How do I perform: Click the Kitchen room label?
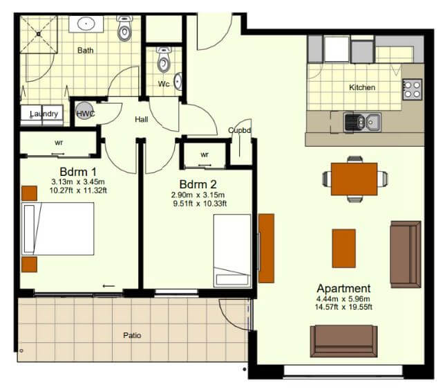362,87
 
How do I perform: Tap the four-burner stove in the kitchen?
413,89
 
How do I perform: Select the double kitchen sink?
362,123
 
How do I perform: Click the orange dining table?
354,179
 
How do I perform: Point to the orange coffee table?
343,249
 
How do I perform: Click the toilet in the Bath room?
124,28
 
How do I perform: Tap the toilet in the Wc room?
164,60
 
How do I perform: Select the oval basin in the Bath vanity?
86,24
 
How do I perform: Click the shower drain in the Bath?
39,34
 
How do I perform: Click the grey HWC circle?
84,110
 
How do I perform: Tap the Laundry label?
44,114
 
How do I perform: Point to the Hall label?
142,119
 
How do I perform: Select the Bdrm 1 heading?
78,172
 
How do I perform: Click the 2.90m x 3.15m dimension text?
198,195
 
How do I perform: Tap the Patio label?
132,335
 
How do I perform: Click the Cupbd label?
240,130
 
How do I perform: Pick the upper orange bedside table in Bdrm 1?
30,193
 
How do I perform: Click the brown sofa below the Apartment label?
343,341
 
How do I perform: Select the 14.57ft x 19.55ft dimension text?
343,307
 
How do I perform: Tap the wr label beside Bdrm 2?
205,154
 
